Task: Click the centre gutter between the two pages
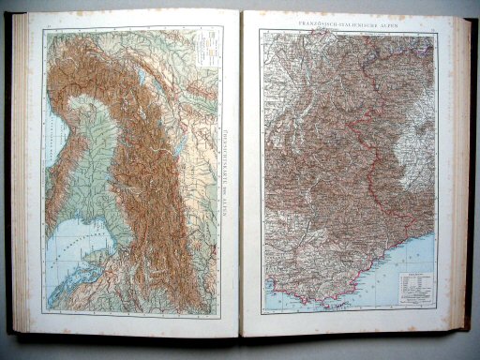click(x=240, y=178)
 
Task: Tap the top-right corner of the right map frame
click(x=437, y=30)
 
